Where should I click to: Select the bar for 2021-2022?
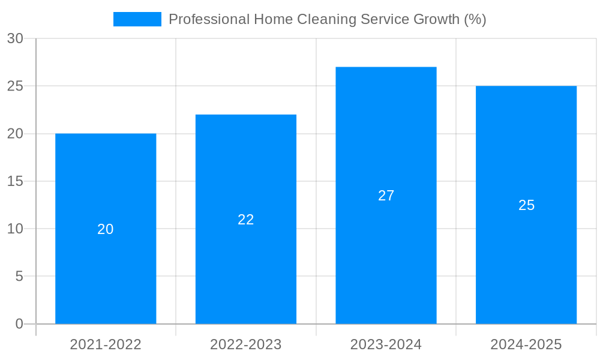(x=106, y=180)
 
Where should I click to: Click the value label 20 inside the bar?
(x=106, y=229)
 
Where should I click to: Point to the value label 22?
(x=246, y=220)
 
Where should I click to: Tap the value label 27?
(x=386, y=196)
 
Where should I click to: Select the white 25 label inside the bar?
(x=526, y=205)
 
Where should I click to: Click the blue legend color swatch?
(x=137, y=19)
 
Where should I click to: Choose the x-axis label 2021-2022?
(x=106, y=344)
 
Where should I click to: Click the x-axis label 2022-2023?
(x=246, y=344)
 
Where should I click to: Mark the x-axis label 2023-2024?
(x=386, y=344)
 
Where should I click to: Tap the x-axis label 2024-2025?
(x=526, y=344)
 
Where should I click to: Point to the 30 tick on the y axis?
(x=16, y=38)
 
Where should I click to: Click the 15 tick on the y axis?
(x=16, y=181)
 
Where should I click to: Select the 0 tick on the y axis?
(x=19, y=324)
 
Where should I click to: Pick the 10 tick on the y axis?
(x=16, y=229)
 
